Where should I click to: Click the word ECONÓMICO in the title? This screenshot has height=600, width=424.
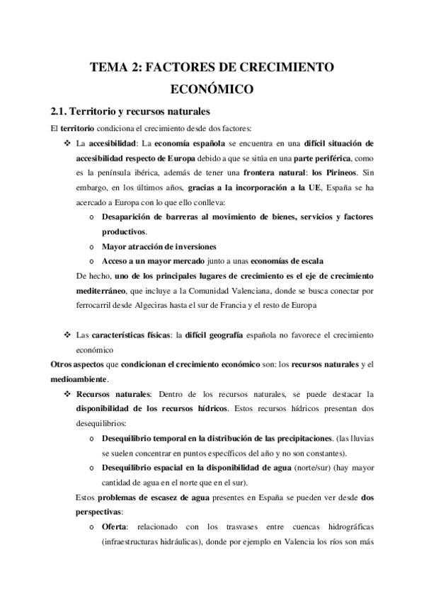click(x=212, y=90)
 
